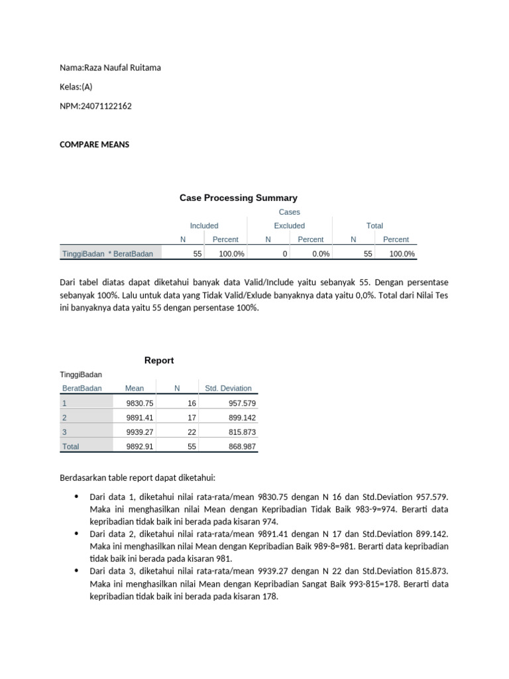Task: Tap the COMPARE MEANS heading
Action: tap(95, 145)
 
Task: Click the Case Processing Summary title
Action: tap(239, 198)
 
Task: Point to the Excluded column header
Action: tap(289, 225)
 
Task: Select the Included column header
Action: tap(204, 225)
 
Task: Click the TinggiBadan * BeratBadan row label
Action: tap(107, 253)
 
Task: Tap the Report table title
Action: tap(159, 360)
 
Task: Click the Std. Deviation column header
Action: tap(228, 388)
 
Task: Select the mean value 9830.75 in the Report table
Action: tap(139, 403)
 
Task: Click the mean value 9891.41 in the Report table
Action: tap(139, 418)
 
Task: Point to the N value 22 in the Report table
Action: tap(192, 432)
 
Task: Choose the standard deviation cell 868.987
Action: tap(241, 447)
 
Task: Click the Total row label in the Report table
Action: tap(70, 447)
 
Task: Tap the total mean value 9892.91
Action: tap(139, 447)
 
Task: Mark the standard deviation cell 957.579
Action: tap(241, 403)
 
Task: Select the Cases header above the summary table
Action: tap(289, 212)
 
